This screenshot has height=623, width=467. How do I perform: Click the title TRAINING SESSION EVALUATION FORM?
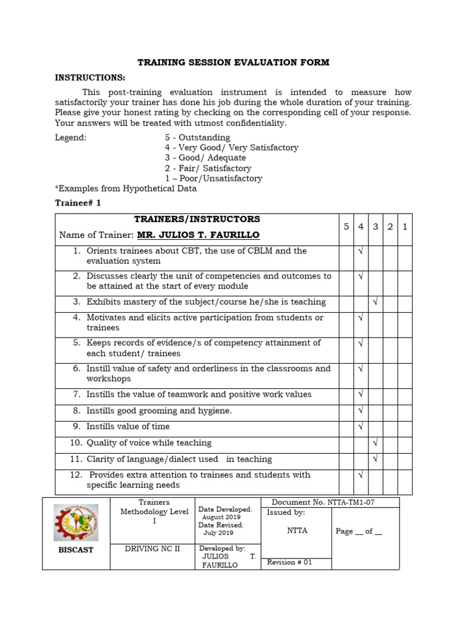tap(233, 62)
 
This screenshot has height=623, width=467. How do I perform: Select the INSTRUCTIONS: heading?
tap(90, 77)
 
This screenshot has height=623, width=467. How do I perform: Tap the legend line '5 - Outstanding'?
tap(197, 137)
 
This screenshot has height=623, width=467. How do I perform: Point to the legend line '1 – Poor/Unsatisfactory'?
tap(213, 178)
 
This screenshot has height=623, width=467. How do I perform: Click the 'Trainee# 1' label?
tap(78, 203)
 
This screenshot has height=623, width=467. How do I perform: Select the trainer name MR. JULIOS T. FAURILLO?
tap(198, 235)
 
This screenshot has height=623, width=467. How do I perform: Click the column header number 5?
tap(346, 227)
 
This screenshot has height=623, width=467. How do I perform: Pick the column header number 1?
tap(404, 227)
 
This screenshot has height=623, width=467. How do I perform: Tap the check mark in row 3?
tap(375, 302)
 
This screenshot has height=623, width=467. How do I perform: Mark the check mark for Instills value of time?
tap(361, 426)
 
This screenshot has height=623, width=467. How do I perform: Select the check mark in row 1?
tap(361, 251)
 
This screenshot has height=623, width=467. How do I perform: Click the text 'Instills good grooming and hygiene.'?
tap(159, 411)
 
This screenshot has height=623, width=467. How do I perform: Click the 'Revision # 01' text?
tap(289, 562)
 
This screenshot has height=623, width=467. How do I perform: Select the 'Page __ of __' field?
tap(359, 531)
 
